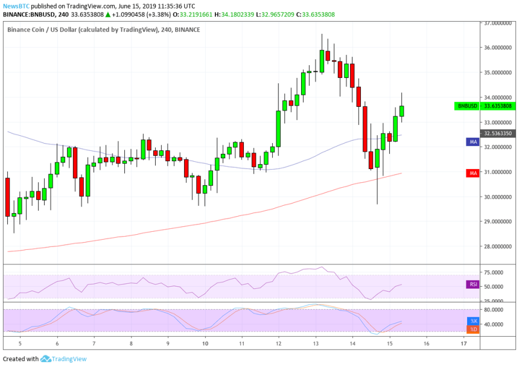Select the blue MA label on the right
pyautogui.click(x=473, y=141)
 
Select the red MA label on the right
pyautogui.click(x=473, y=173)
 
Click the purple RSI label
pyautogui.click(x=473, y=284)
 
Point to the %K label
pyautogui.click(x=473, y=321)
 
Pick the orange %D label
pyautogui.click(x=473, y=329)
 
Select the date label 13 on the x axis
pyautogui.click(x=316, y=343)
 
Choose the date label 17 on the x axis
pyautogui.click(x=463, y=343)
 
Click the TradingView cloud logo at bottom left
pyautogui.click(x=45, y=359)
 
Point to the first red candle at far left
pyautogui.click(x=7, y=197)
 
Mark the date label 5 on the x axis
pyautogui.click(x=20, y=343)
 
